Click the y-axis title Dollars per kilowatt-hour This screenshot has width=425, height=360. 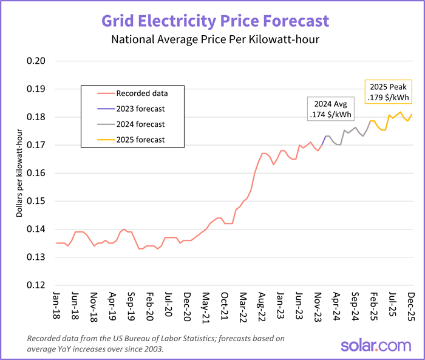19,173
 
